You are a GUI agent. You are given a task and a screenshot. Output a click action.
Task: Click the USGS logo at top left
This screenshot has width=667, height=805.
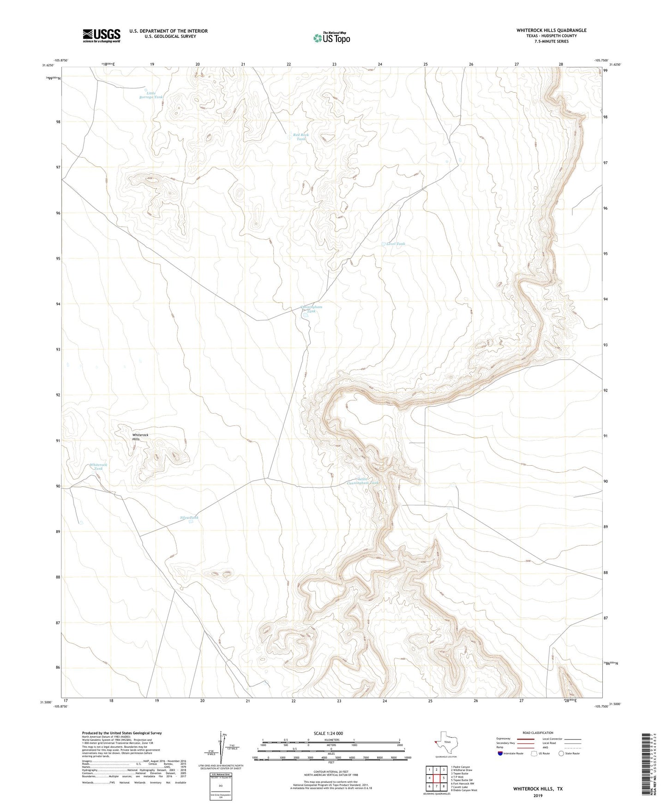coord(101,36)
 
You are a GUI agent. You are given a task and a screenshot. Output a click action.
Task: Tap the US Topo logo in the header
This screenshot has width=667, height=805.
coord(331,38)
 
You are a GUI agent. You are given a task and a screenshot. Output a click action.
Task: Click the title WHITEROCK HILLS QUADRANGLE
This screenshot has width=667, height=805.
coord(551,30)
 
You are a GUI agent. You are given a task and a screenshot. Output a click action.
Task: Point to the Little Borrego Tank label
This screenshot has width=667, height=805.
coord(151,95)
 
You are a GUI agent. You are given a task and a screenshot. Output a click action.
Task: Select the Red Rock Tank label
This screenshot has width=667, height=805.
coord(301,137)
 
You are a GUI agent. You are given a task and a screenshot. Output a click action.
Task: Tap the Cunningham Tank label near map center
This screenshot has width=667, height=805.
coord(311,309)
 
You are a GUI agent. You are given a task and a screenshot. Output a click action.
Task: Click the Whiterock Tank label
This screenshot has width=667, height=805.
coord(98,467)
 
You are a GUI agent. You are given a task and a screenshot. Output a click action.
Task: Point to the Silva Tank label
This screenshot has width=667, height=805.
coord(189,518)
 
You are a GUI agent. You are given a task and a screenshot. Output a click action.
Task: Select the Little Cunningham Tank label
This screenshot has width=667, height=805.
coord(363,481)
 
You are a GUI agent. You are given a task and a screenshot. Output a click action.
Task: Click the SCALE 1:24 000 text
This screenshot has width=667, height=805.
coord(328,734)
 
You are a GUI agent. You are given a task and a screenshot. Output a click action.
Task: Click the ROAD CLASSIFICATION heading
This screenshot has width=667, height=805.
coord(538,733)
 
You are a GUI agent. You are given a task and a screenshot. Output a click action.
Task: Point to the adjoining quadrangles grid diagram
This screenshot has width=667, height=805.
coord(436,778)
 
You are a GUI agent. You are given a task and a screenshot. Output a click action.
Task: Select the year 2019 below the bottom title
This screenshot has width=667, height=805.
coord(538,795)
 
